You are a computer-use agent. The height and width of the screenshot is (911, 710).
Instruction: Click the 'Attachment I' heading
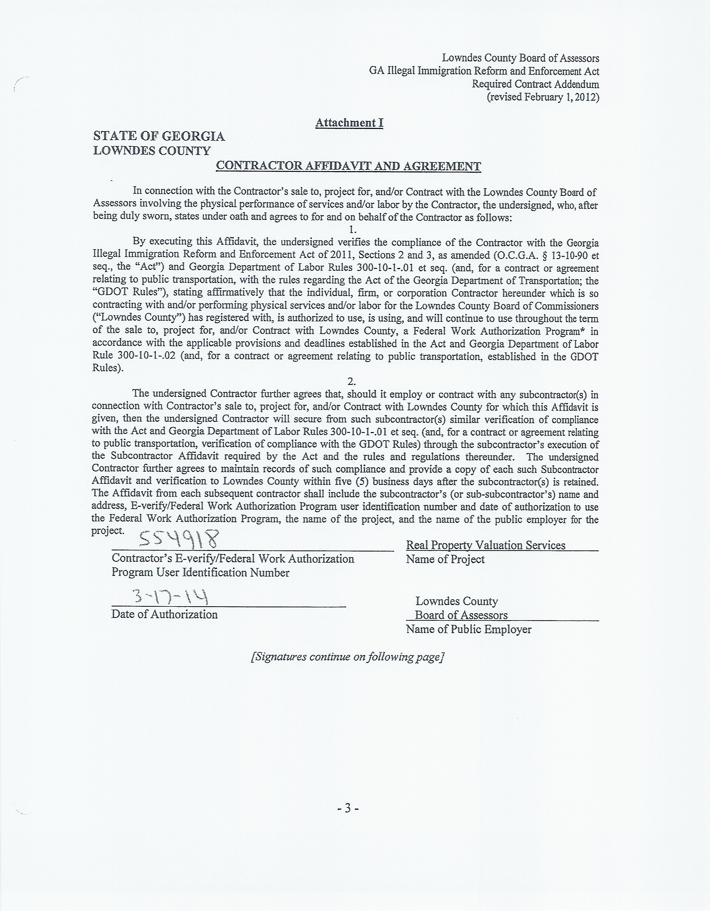tap(349, 123)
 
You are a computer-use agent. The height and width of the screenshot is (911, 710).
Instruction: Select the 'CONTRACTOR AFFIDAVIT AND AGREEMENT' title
tap(348, 166)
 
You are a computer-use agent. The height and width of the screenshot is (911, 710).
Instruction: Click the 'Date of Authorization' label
tap(164, 614)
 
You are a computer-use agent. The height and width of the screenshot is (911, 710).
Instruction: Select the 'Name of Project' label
tap(445, 559)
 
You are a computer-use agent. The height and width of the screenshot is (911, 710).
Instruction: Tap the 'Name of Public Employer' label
tap(469, 629)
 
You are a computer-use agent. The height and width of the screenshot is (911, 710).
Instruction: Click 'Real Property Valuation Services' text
tap(486, 545)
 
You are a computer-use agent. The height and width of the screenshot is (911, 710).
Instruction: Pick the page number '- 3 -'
tap(348, 808)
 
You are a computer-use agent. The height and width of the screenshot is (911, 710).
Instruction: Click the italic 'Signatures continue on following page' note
tap(347, 657)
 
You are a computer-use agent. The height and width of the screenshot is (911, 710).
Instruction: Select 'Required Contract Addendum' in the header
tap(535, 84)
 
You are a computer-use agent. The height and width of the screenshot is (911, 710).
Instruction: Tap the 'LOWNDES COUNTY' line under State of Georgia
tap(152, 151)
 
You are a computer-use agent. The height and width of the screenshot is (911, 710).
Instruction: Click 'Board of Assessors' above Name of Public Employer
tap(461, 615)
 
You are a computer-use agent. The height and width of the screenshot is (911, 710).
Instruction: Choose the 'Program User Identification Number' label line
tap(200, 573)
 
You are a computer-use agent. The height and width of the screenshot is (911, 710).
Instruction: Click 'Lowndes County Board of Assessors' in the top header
tap(520, 58)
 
